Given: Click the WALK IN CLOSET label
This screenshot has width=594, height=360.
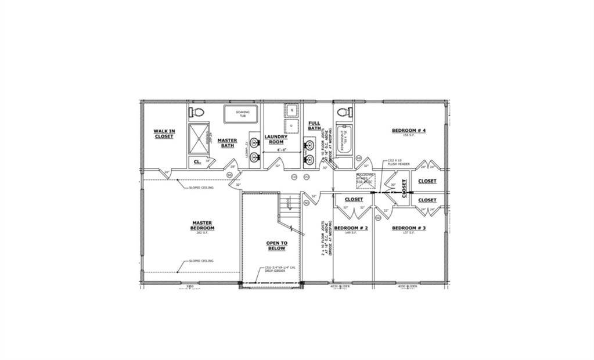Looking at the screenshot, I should coord(164,134).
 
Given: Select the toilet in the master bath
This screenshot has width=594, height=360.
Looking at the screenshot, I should coord(197,111).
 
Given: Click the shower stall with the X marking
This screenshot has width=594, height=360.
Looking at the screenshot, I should coord(200,138).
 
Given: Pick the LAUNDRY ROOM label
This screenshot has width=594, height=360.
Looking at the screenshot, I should coord(276,139).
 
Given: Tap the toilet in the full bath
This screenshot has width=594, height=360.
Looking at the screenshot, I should coord(342,111).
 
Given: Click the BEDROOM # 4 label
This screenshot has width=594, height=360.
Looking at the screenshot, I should coord(409,131).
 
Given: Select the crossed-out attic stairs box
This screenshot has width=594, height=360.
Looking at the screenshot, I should coord(366,180).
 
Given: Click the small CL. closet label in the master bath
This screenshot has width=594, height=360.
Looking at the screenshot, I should coord(197,161).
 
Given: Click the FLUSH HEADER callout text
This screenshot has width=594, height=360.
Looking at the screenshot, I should coord(399,164).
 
